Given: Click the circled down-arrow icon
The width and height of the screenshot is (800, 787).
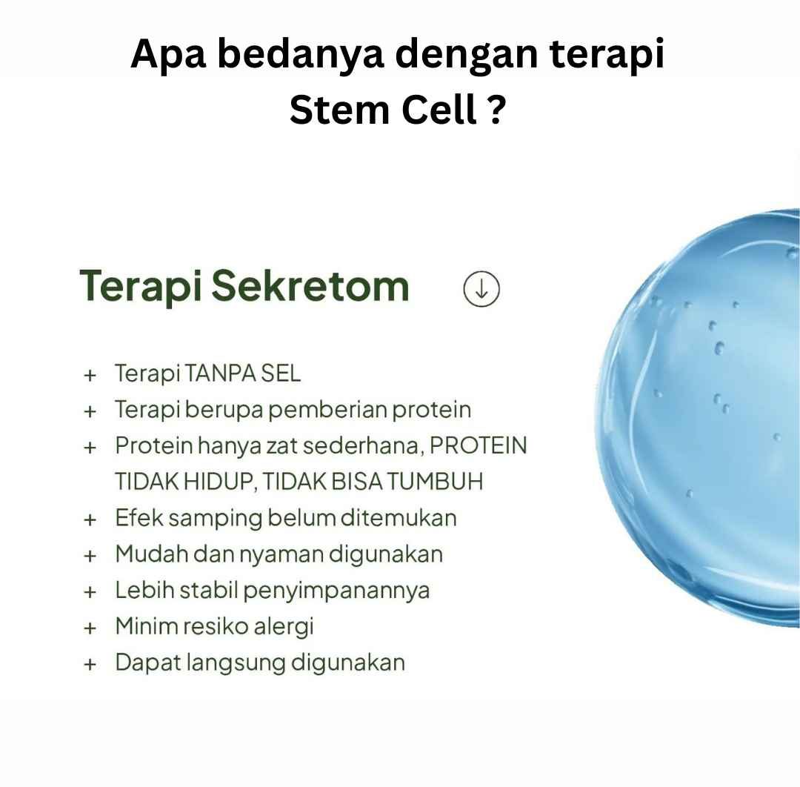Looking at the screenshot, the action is pos(481,289).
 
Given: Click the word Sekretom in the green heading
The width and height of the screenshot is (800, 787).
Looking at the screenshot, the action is pos(310,286).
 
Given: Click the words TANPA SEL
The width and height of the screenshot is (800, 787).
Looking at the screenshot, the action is pos(242,373).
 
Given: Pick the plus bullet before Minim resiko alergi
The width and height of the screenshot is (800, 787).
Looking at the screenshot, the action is pos(90,628).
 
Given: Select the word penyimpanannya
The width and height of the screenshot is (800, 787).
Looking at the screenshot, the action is pos(336,591).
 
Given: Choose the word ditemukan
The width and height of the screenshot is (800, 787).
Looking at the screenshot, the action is pos(399,517).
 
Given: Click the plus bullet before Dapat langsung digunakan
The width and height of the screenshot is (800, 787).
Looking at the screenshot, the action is pos(90,665).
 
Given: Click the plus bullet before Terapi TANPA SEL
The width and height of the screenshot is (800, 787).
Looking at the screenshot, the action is pos(90,375).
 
